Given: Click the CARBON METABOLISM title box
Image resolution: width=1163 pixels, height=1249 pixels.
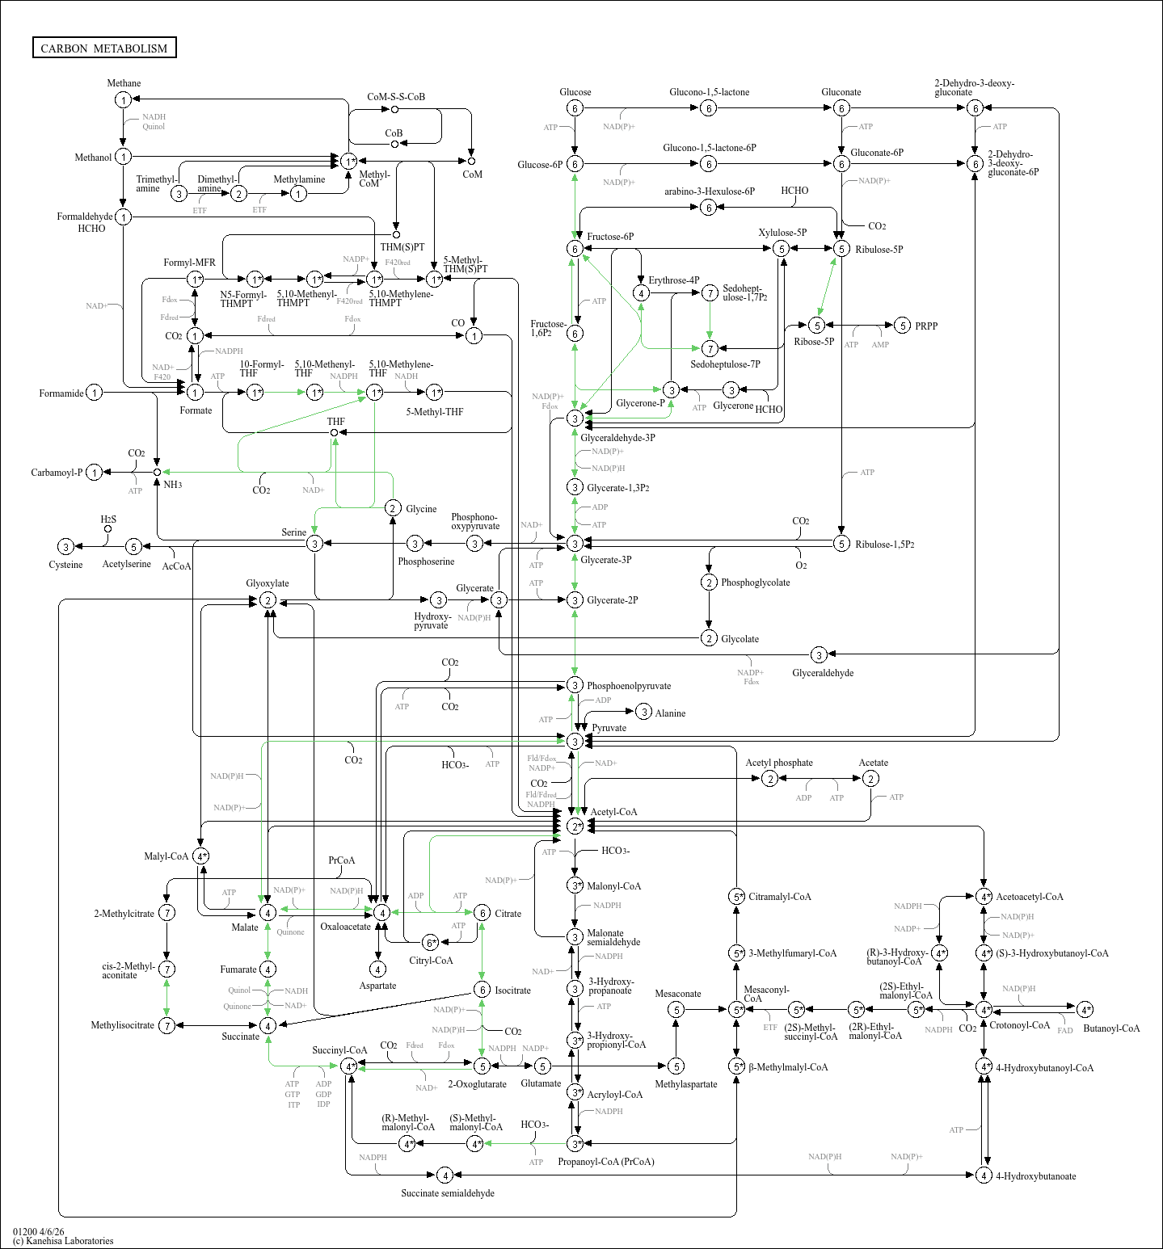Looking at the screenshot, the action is point(104,48).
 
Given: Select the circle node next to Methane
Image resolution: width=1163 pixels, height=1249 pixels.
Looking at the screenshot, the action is point(123,99).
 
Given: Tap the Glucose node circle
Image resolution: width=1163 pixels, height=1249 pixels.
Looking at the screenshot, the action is point(575,108).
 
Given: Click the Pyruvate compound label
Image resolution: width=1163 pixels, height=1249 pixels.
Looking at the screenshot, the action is point(609,728).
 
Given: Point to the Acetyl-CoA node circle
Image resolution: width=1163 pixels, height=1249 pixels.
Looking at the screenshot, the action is point(575,826).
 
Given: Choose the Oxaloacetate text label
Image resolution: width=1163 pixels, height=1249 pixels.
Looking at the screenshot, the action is point(345,927).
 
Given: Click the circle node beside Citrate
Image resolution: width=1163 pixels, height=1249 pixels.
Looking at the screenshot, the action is point(482,913).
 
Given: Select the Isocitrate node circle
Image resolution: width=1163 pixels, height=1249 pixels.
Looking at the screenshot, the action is point(482,990).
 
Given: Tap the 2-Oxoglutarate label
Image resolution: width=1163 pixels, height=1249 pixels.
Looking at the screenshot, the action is point(477,1084).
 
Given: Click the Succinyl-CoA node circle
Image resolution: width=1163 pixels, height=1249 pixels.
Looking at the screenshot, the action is point(349,1066).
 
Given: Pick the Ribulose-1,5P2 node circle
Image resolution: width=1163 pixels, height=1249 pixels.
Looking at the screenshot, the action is point(841,544).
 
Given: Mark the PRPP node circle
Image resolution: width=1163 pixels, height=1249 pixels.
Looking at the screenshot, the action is point(903,326).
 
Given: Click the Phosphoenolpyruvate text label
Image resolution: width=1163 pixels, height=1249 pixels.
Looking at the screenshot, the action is point(629,686).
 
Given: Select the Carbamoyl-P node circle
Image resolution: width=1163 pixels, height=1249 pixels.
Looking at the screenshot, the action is point(95,473).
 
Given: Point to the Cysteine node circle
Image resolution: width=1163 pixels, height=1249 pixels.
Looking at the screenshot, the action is point(66,547).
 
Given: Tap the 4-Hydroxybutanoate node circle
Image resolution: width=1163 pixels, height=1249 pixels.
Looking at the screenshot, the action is point(984,1175).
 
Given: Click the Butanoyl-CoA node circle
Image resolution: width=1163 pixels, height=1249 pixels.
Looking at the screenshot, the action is point(1085,1009).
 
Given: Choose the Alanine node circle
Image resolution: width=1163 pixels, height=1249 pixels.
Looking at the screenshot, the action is point(643,712).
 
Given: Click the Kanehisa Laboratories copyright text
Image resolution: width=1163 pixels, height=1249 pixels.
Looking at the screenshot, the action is point(63,1241).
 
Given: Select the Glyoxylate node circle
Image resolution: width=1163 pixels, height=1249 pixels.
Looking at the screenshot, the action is point(268,600).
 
